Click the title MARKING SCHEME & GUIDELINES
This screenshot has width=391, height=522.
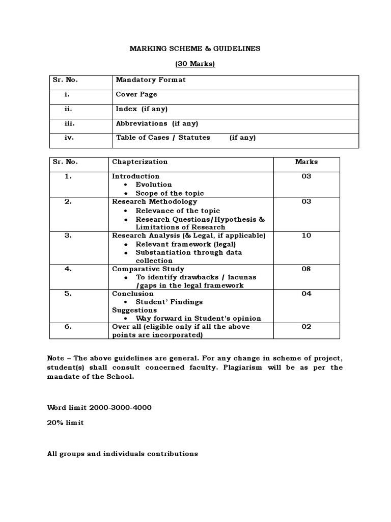(x=195, y=48)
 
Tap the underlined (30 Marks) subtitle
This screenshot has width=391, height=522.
(x=195, y=64)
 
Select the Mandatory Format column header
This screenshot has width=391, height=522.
(x=151, y=80)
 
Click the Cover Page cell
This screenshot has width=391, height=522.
(x=136, y=94)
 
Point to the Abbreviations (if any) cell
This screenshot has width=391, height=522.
(x=157, y=123)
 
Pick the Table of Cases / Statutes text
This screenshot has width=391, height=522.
(x=163, y=138)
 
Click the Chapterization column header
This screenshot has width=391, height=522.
(x=139, y=162)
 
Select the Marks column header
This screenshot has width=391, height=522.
(x=306, y=162)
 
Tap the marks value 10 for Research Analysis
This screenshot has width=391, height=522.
(x=306, y=236)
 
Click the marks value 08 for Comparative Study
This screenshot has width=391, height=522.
(x=306, y=269)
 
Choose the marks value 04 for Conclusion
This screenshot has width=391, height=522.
(x=306, y=294)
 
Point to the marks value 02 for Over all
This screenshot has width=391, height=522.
(x=306, y=327)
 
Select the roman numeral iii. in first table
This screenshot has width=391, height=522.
(x=69, y=123)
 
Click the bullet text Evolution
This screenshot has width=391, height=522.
(x=154, y=185)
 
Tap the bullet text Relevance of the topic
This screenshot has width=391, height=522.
(x=178, y=211)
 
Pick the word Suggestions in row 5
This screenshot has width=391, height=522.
(x=134, y=310)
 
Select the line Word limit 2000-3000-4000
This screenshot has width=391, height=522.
(x=99, y=408)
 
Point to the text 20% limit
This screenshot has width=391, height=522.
(x=65, y=423)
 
